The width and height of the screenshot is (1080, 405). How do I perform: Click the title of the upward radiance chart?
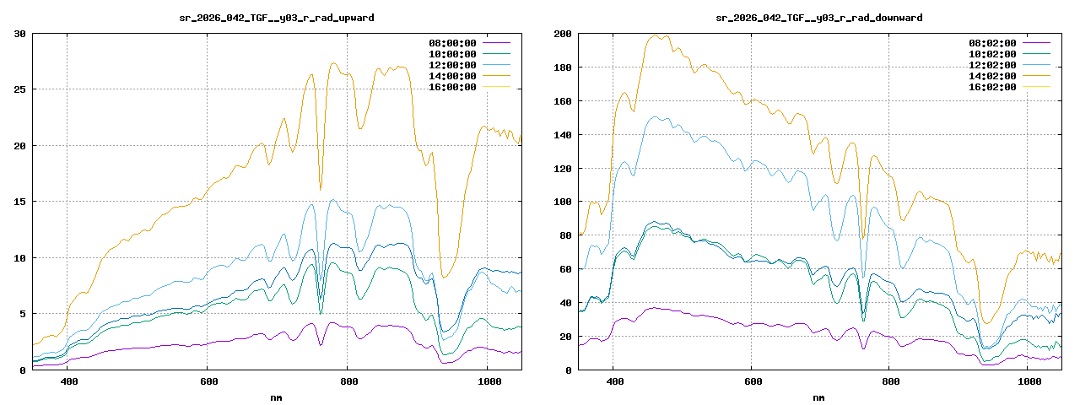[x=278, y=18]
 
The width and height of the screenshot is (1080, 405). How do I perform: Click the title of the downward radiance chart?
[x=818, y=18]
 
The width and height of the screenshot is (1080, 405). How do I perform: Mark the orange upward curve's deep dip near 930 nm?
[x=445, y=277]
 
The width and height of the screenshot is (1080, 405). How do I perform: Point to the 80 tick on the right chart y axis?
[x=563, y=235]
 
